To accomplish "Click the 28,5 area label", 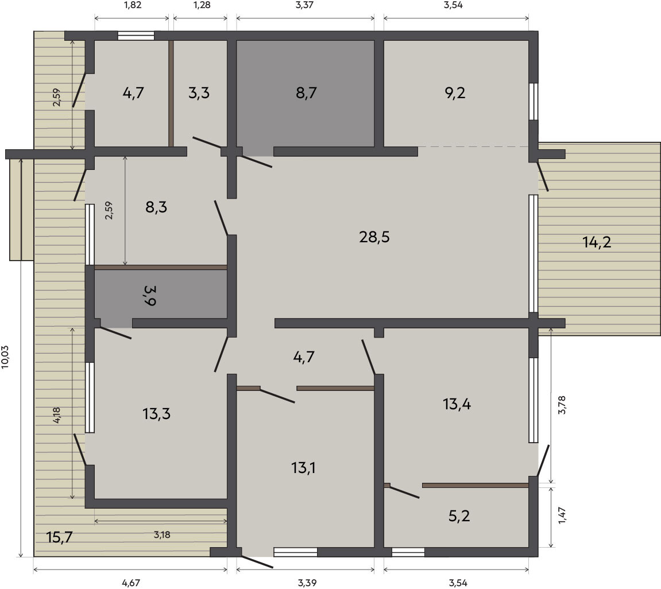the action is pyautogui.click(x=374, y=237).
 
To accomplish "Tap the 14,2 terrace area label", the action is pyautogui.click(x=597, y=242).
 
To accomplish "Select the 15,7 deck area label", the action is pyautogui.click(x=60, y=537).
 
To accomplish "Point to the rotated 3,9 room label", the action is pyautogui.click(x=150, y=295).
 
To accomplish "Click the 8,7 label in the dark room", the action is pyautogui.click(x=306, y=92).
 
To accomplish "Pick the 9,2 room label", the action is pyautogui.click(x=455, y=92).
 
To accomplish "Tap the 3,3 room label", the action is pyautogui.click(x=199, y=92).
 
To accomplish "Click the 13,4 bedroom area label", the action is pyautogui.click(x=457, y=404).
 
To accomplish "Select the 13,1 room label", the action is pyautogui.click(x=304, y=467).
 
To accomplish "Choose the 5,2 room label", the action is pyautogui.click(x=459, y=516).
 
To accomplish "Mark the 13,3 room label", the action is pyautogui.click(x=156, y=414).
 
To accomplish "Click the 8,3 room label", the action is pyautogui.click(x=156, y=207).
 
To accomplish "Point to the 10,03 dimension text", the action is pyautogui.click(x=6, y=357).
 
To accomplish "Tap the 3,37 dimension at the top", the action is pyautogui.click(x=305, y=6).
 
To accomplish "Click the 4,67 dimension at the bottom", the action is pyautogui.click(x=131, y=583).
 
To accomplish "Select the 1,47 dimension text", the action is pyautogui.click(x=562, y=516).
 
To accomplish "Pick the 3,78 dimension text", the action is pyautogui.click(x=562, y=405).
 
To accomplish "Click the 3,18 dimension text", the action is pyautogui.click(x=162, y=535).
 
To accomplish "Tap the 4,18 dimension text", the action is pyautogui.click(x=56, y=416).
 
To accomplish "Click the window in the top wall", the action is pyautogui.click(x=136, y=36).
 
